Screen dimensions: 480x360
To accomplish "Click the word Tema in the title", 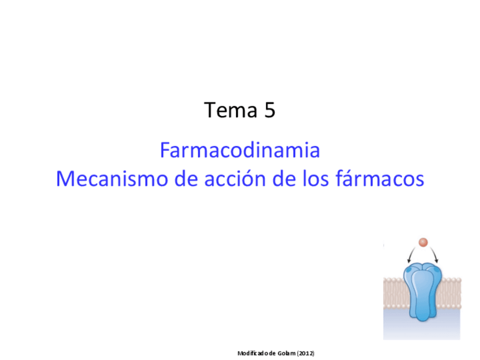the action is [x=230, y=110].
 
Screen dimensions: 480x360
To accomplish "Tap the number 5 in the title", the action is [x=269, y=110].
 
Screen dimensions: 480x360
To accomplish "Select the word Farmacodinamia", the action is [x=240, y=150].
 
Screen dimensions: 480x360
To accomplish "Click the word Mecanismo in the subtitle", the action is [x=112, y=178].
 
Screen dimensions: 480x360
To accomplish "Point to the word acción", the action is [x=235, y=178].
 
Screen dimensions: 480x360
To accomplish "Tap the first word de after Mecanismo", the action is [x=186, y=178].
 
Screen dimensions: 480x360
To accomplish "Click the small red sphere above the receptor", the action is [x=423, y=242].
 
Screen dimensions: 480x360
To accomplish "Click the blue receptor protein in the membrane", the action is [x=422, y=292].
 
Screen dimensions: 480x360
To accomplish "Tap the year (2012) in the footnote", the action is [x=306, y=353].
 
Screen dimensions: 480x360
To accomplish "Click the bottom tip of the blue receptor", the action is [x=423, y=322].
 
